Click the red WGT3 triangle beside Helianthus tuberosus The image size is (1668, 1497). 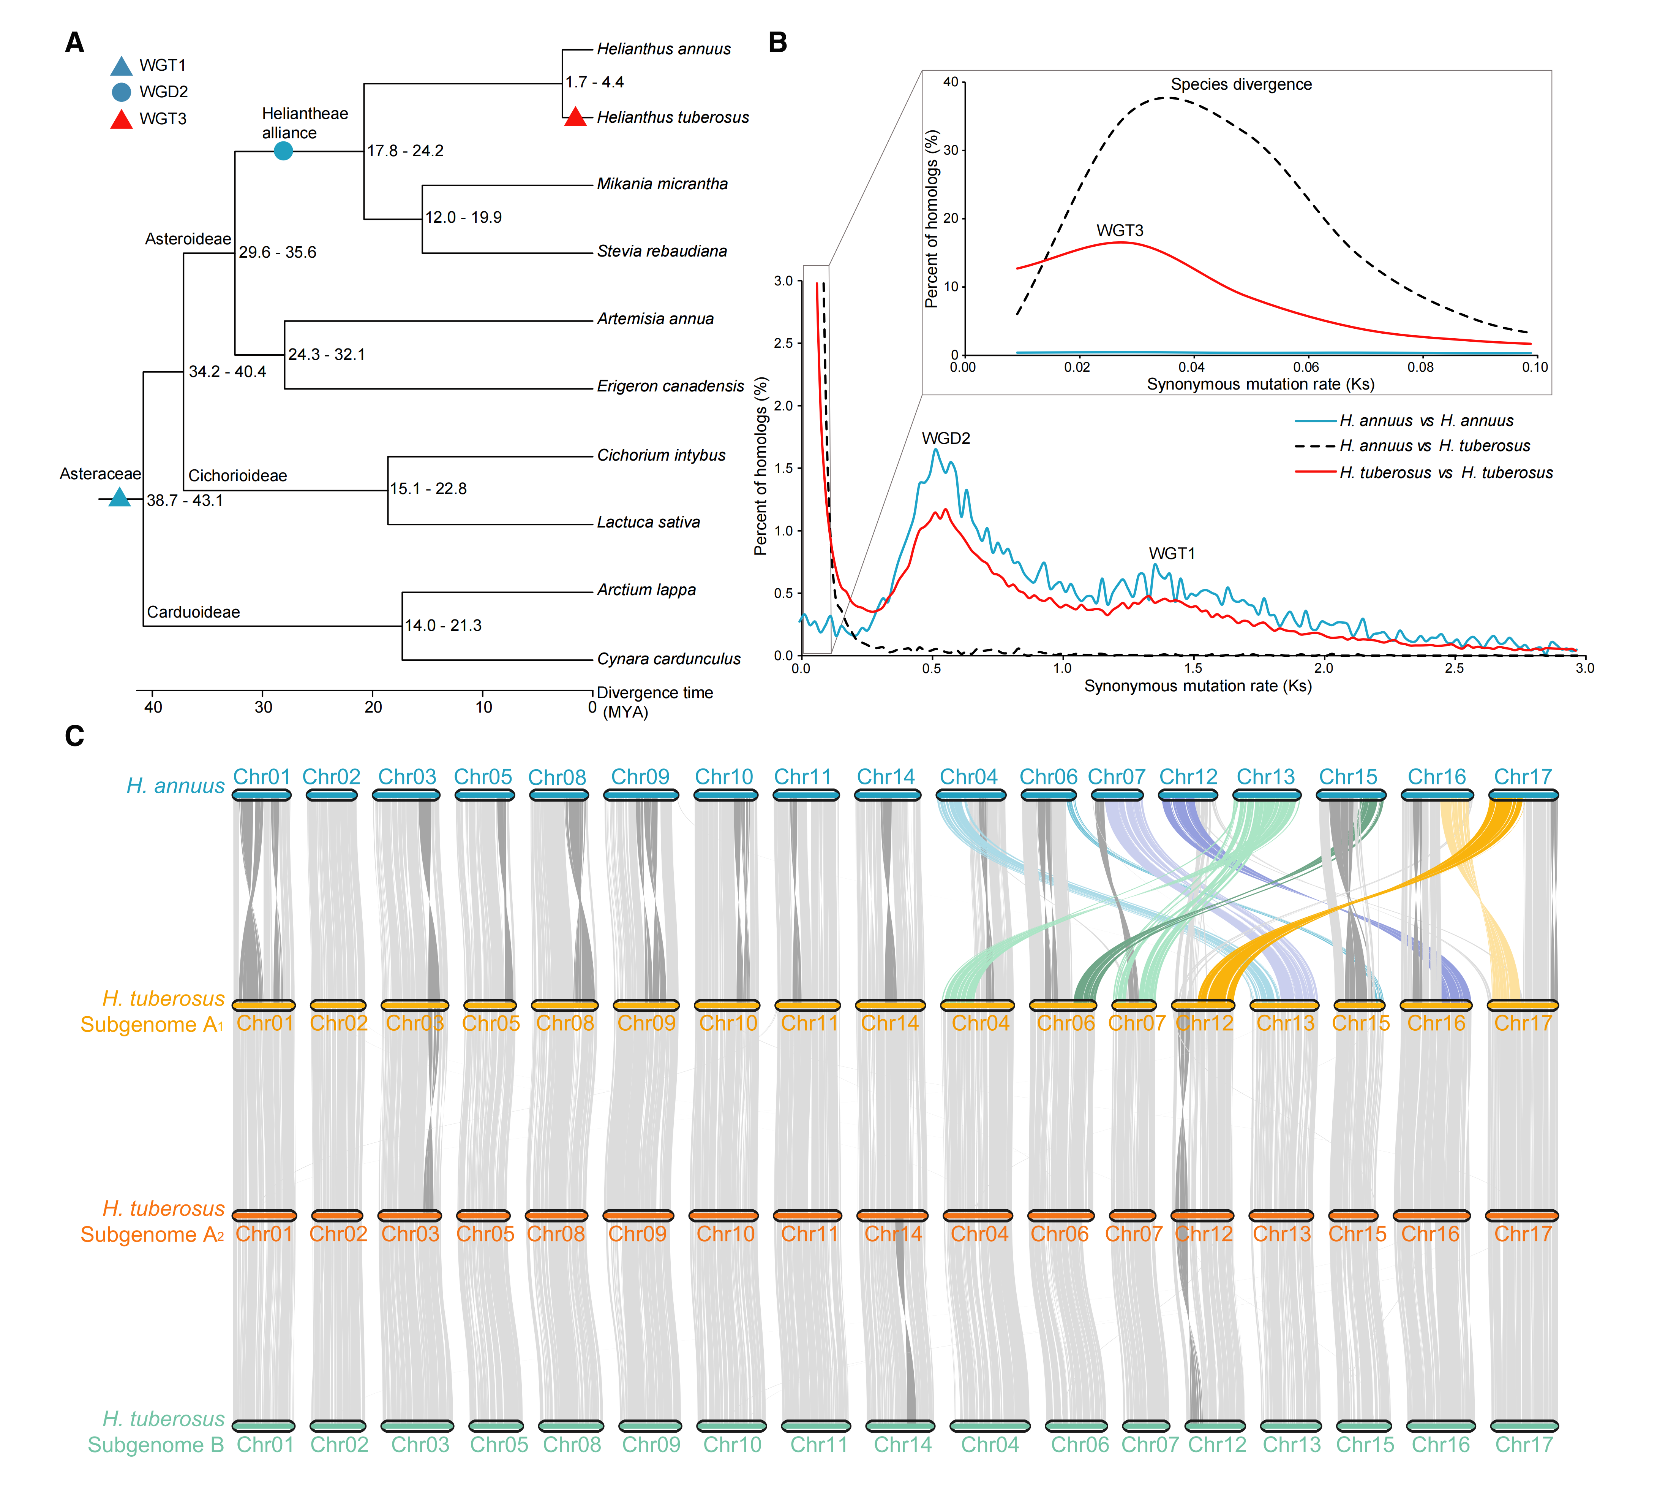pyautogui.click(x=575, y=117)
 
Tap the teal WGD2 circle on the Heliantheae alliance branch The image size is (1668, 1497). pyautogui.click(x=283, y=150)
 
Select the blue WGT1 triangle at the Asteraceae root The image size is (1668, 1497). pyautogui.click(x=120, y=497)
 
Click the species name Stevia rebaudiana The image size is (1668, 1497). pyautogui.click(x=662, y=251)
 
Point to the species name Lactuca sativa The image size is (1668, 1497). pyautogui.click(x=649, y=522)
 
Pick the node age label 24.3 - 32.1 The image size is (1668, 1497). pyautogui.click(x=326, y=355)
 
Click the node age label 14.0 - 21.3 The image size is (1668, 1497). pyautogui.click(x=443, y=625)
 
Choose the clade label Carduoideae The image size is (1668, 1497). pyautogui.click(x=193, y=612)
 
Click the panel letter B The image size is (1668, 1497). pyautogui.click(x=778, y=43)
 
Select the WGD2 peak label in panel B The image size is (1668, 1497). pyautogui.click(x=945, y=439)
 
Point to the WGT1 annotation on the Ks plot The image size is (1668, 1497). pyautogui.click(x=1172, y=554)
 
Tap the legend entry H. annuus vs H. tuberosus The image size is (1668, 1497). pyautogui.click(x=1434, y=446)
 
